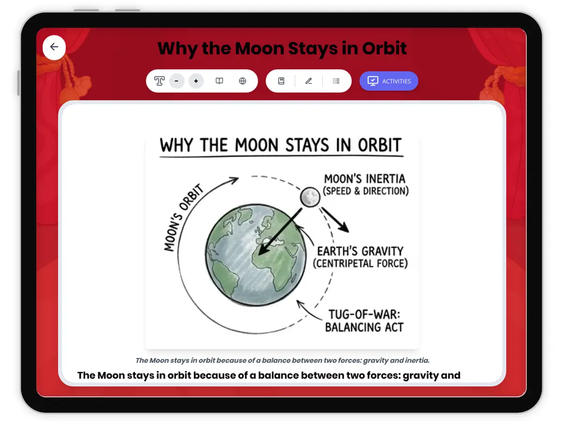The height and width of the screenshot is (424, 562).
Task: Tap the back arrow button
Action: pyautogui.click(x=54, y=47)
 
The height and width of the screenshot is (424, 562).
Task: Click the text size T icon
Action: pyautogui.click(x=159, y=81)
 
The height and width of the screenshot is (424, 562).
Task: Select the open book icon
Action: pyautogui.click(x=219, y=81)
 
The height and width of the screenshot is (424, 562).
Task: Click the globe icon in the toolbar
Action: pyautogui.click(x=242, y=81)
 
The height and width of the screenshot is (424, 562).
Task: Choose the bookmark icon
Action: pyautogui.click(x=281, y=81)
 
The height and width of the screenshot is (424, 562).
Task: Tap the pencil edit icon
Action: pyautogui.click(x=309, y=81)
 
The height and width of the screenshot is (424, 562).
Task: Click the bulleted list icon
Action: pyautogui.click(x=336, y=81)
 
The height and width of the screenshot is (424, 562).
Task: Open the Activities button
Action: pyautogui.click(x=388, y=81)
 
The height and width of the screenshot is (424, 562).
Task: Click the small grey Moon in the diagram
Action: pyautogui.click(x=310, y=197)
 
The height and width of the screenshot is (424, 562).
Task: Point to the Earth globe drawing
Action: pyautogui.click(x=256, y=255)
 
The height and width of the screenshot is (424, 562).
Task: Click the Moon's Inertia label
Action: pyautogui.click(x=365, y=184)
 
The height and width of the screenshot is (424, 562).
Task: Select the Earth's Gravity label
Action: pyautogui.click(x=360, y=257)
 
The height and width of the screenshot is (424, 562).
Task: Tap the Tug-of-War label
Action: pyautogui.click(x=364, y=321)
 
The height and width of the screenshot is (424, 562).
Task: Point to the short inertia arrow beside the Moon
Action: pyautogui.click(x=335, y=219)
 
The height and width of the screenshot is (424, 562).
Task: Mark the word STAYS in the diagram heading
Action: pyautogui.click(x=307, y=145)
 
